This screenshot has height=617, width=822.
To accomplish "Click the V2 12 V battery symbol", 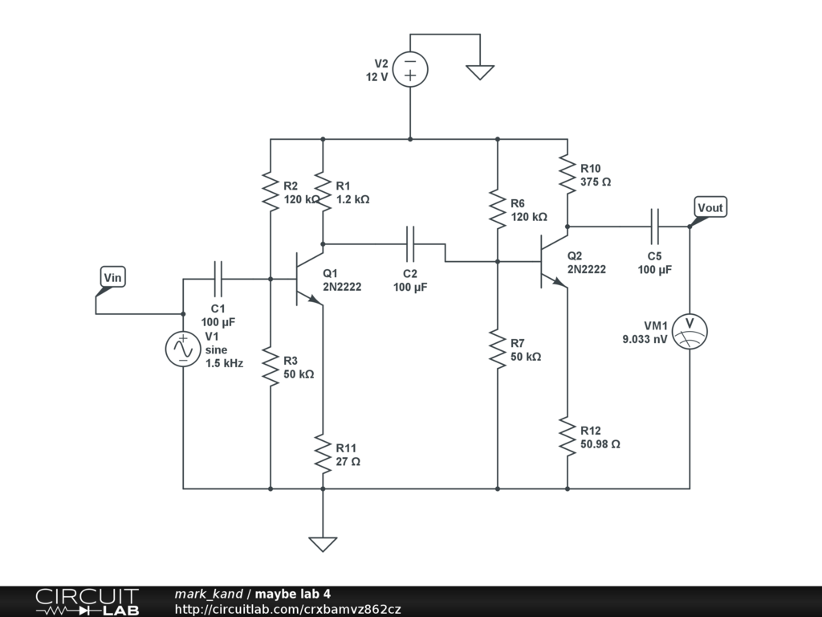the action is [x=410, y=69].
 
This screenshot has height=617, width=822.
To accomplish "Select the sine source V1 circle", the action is [x=183, y=349].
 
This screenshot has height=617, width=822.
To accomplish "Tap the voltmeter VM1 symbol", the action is [x=690, y=332].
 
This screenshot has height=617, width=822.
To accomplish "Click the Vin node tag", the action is [x=112, y=277].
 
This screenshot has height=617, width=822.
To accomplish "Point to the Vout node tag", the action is [x=710, y=208].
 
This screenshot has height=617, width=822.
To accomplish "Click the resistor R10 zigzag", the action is [x=568, y=174].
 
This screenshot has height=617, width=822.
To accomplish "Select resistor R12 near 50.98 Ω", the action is [x=568, y=436].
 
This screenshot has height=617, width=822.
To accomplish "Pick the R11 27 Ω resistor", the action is [x=323, y=454].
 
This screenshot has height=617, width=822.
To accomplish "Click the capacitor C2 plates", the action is [x=410, y=244].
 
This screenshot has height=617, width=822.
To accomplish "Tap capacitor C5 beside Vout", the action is [x=654, y=227].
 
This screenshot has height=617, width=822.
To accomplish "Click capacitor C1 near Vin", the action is [x=218, y=279].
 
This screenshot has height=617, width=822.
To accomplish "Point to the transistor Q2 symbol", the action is [x=554, y=261].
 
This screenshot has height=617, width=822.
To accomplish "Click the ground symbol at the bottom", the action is [x=323, y=544].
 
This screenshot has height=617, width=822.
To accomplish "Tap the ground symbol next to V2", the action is [x=480, y=72].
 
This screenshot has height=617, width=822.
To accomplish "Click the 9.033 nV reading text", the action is [x=645, y=340].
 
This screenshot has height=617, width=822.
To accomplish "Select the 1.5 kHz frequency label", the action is [x=225, y=363].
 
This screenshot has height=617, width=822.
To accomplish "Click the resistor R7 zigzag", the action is [x=498, y=349].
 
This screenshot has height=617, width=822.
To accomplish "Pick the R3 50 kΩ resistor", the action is [x=271, y=366].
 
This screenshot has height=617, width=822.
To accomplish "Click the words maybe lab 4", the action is [x=292, y=594].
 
